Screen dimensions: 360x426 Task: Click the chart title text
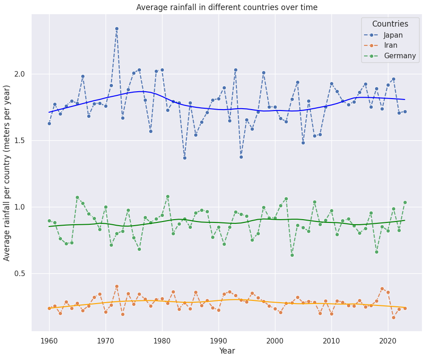click(227, 7)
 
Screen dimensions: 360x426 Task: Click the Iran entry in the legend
click(391, 45)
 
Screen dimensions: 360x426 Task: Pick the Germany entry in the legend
click(399, 56)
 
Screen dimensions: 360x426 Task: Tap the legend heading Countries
click(390, 24)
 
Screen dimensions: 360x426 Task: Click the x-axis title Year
click(227, 351)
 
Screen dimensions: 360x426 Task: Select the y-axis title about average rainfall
click(7, 172)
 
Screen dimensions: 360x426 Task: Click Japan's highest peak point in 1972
click(117, 28)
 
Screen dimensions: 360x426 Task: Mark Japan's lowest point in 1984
click(185, 158)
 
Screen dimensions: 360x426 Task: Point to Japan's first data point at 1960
click(49, 123)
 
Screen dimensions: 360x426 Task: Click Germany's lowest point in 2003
click(292, 255)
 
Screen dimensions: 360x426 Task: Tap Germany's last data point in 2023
click(405, 202)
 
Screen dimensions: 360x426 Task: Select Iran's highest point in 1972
click(117, 286)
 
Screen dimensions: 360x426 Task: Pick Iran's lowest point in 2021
click(393, 317)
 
